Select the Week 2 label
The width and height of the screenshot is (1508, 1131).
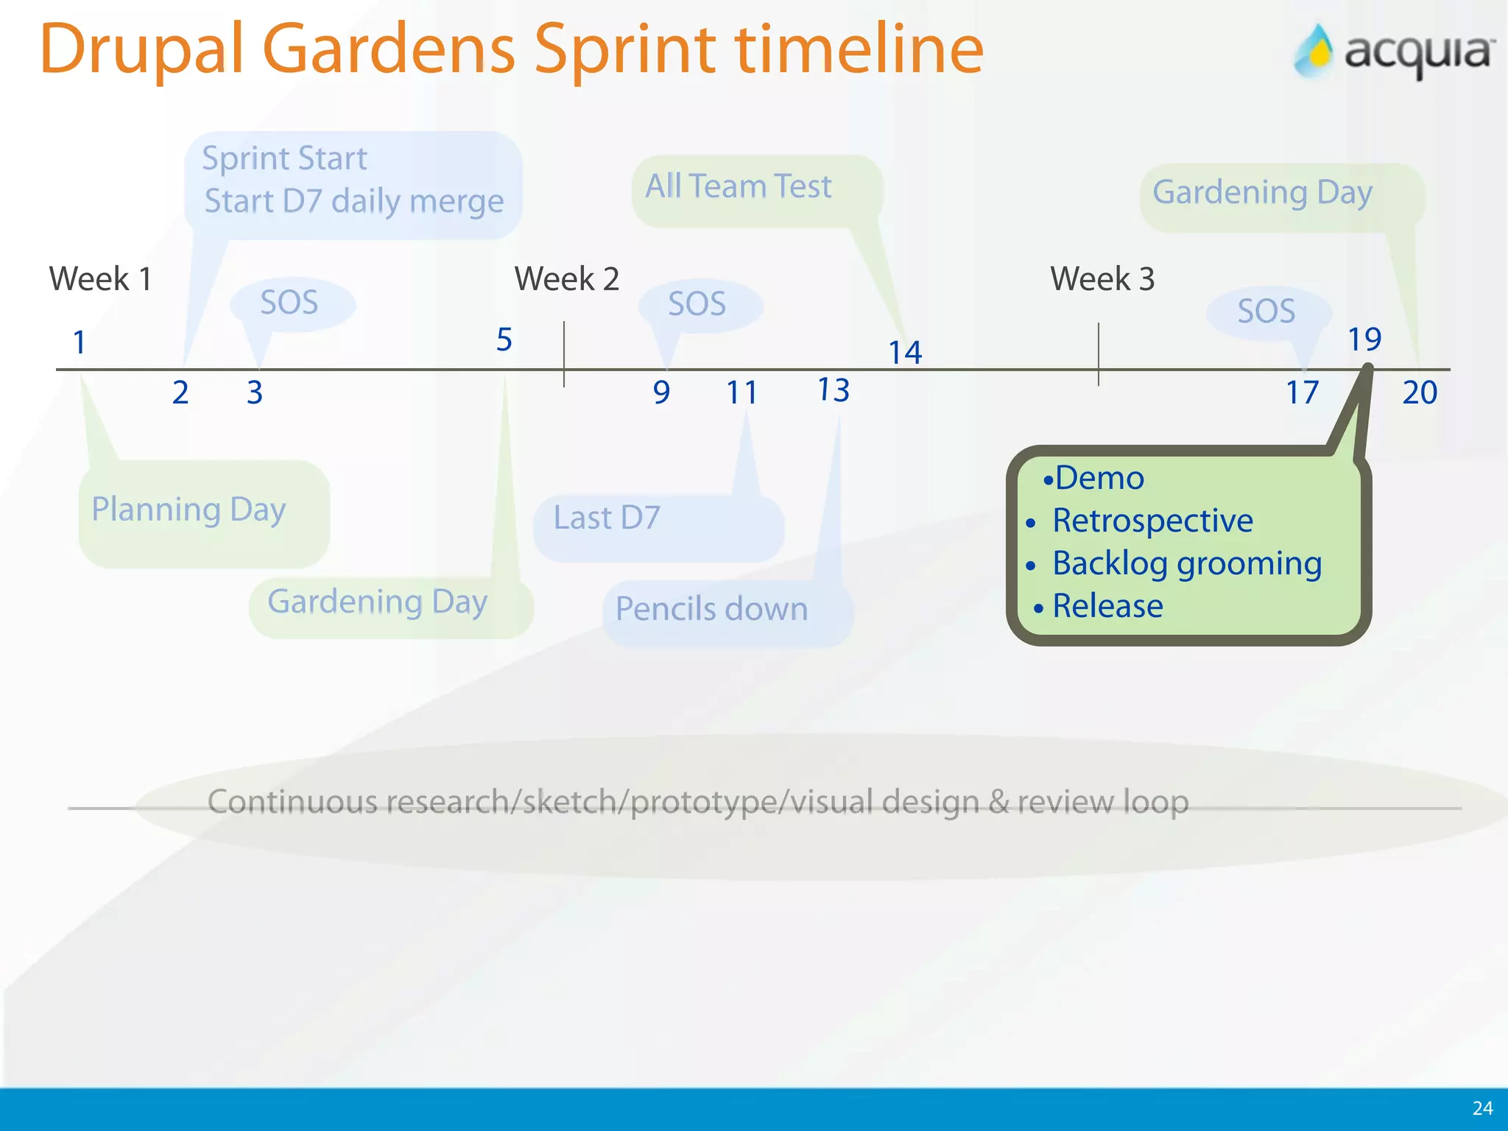point(566,279)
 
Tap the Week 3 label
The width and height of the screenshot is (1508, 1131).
point(1102,279)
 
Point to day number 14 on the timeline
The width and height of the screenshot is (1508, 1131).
point(905,353)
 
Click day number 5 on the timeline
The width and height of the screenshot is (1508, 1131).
point(504,339)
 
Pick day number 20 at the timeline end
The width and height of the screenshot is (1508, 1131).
point(1420,392)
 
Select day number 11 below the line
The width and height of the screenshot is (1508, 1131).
point(741,392)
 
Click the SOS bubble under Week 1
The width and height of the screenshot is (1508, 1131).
point(289,303)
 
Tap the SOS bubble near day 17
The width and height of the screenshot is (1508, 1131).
point(1266,311)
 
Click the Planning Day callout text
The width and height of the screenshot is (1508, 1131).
point(188,510)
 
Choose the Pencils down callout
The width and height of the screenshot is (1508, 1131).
point(711,609)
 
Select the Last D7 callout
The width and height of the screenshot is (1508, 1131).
point(607,518)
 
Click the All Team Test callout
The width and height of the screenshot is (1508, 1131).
point(739,186)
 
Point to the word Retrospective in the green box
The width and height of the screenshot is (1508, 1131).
point(1152,521)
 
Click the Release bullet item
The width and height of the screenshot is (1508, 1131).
point(1107,606)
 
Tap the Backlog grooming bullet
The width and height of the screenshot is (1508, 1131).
point(1187,563)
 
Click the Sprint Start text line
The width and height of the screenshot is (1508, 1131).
point(284,158)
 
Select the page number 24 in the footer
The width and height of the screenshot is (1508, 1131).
point(1482,1108)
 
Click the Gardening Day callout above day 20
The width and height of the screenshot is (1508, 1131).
point(1262,192)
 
